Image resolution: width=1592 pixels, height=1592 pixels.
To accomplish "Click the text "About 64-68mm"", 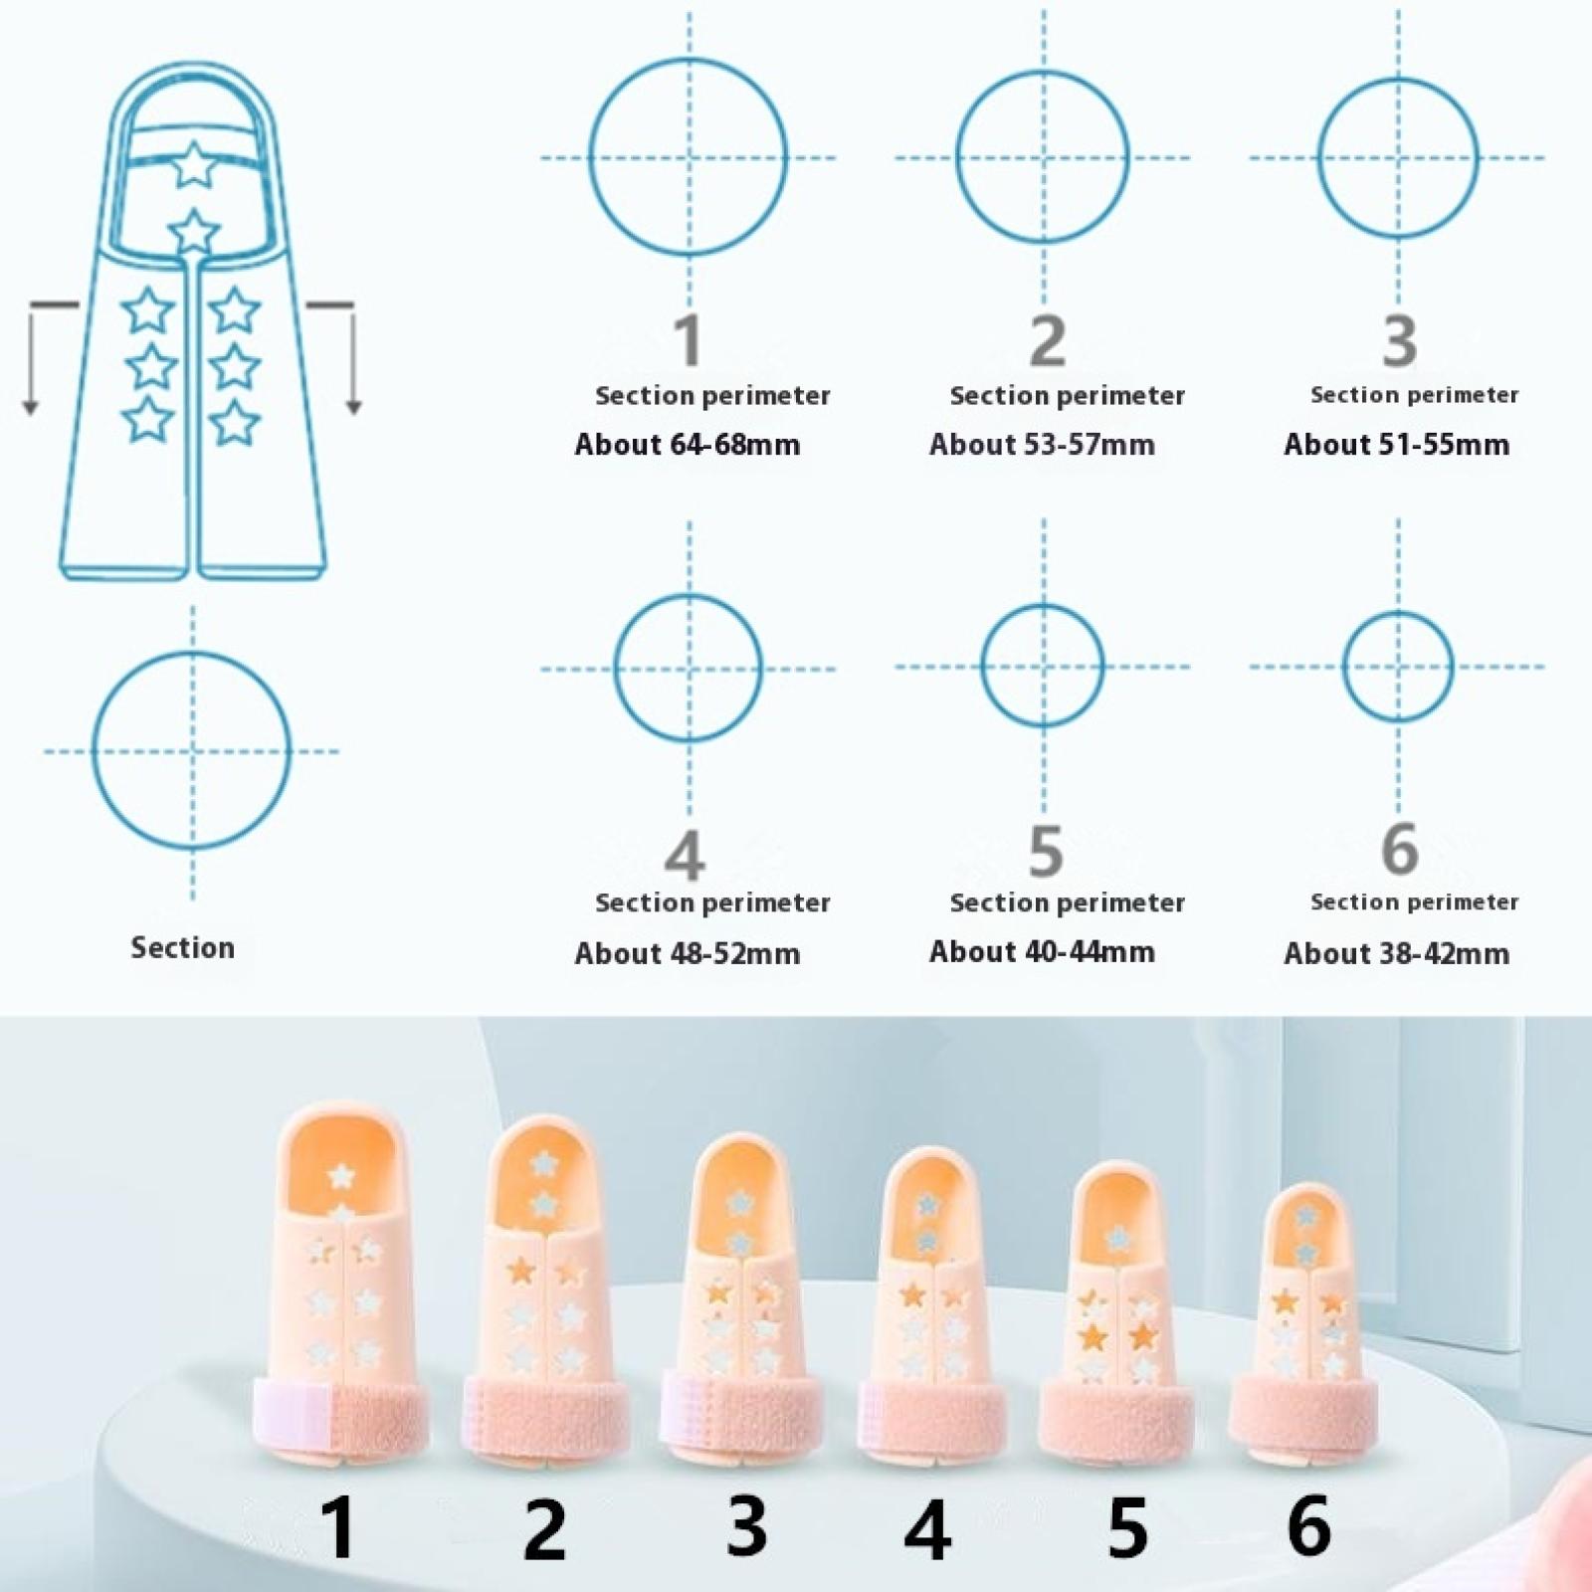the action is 688,444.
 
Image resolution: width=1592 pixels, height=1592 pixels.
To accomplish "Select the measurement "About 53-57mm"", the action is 1042,444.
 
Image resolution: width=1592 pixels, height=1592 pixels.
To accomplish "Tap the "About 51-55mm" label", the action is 1396,444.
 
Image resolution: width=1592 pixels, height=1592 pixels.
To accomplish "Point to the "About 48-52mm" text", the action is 688,953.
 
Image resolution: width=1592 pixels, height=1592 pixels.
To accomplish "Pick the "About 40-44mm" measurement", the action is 1042,951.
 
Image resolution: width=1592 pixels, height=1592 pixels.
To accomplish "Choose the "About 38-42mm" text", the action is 1396,953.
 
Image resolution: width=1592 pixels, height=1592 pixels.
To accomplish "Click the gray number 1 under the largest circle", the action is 689,340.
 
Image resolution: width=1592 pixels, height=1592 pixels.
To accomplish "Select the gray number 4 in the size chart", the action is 686,854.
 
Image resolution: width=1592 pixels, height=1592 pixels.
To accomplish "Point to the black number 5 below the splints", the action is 1127,1527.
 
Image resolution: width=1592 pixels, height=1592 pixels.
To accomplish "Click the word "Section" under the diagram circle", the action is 182,947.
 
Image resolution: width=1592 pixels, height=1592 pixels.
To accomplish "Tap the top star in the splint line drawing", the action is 194,165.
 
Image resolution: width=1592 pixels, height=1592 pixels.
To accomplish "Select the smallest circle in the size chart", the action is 1398,666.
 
